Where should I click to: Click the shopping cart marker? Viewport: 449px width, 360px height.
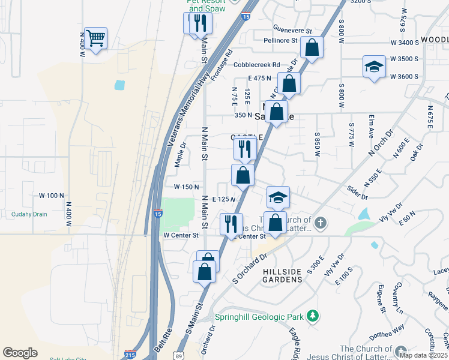point(95,39)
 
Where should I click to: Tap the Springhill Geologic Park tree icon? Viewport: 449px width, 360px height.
point(312,316)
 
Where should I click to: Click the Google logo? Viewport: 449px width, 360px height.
point(20,353)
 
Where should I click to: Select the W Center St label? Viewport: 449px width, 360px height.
point(181,235)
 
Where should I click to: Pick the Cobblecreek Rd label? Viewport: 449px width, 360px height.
point(257,64)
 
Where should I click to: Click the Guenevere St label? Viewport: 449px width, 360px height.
point(292,30)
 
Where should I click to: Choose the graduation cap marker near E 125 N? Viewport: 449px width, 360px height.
point(278,197)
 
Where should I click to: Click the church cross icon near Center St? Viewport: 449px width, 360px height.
point(321,224)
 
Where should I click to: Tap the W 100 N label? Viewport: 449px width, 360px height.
point(51,196)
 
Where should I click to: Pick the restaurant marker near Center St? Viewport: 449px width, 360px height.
point(231,224)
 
